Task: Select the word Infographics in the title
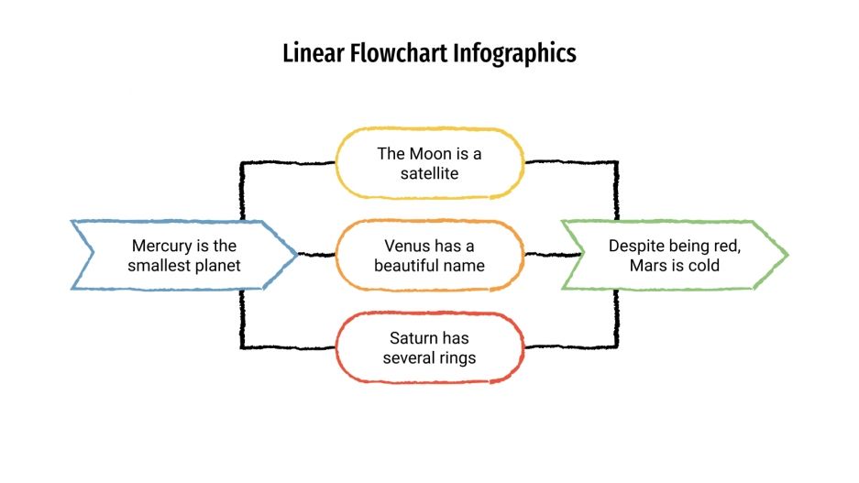515,53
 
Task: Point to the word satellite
429,172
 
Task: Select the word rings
457,357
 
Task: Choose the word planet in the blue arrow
221,266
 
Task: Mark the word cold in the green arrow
702,266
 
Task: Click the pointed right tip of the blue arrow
296,255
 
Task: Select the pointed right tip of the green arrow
786,255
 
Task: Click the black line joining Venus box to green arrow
543,254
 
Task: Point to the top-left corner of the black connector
242,164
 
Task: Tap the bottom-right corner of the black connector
616,346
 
